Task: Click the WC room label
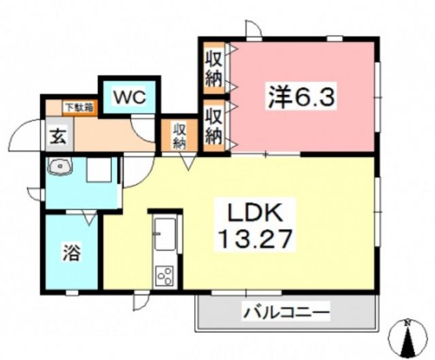128,96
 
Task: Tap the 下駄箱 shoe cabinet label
80,107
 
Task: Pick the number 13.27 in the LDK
255,239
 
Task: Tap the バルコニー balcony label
286,314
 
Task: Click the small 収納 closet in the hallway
179,134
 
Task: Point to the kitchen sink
165,234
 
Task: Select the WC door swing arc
143,128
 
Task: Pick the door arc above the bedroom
254,29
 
